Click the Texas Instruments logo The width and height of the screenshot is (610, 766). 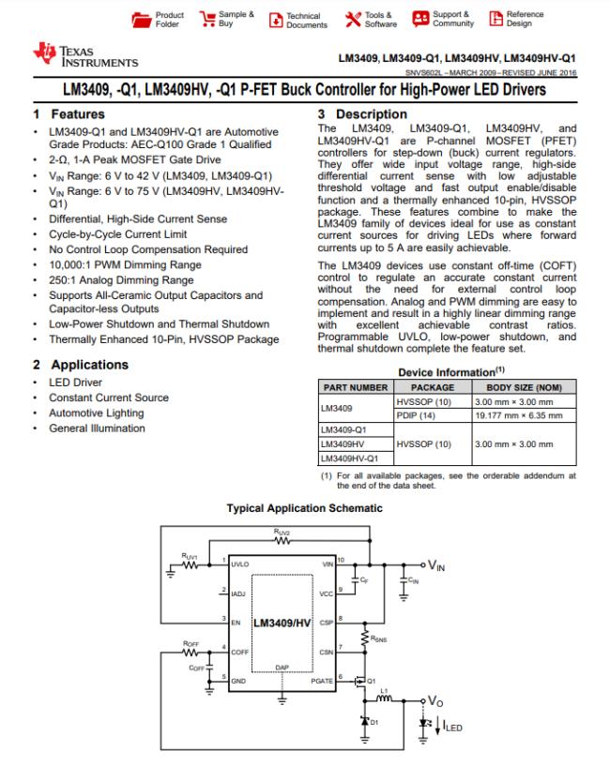(x=84, y=54)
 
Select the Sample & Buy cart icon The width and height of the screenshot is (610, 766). (x=208, y=20)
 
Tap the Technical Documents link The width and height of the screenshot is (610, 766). (x=297, y=20)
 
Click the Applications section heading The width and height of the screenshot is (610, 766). (x=80, y=364)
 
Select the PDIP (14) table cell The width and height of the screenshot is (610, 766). (x=412, y=415)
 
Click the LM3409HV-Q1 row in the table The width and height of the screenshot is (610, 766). (x=349, y=458)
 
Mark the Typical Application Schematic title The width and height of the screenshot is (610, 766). (x=305, y=508)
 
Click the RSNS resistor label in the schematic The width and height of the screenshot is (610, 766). (x=378, y=641)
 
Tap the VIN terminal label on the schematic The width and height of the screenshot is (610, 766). (x=437, y=565)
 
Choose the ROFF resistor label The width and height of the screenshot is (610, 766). (x=191, y=642)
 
